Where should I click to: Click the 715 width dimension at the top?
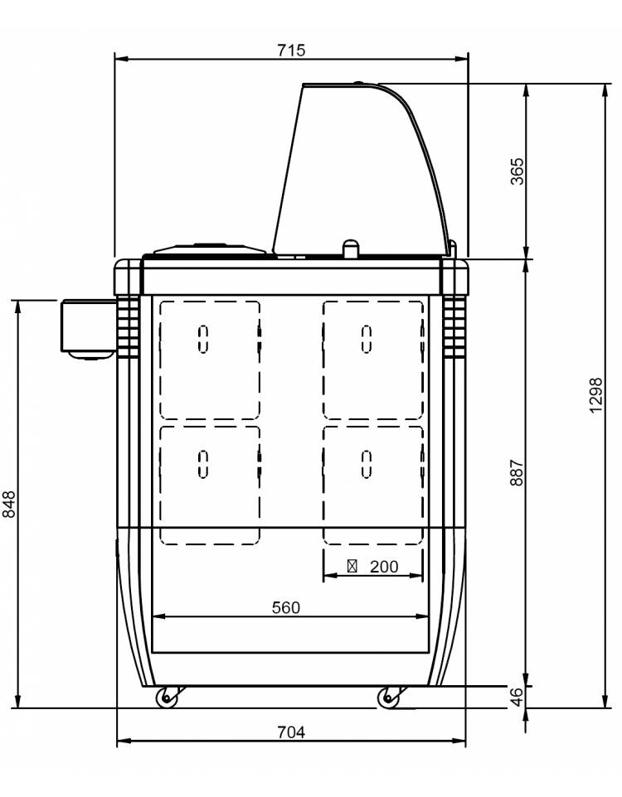pos(291,51)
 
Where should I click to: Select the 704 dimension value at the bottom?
pos(291,732)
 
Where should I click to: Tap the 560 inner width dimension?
pos(286,607)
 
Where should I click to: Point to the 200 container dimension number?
pos(384,566)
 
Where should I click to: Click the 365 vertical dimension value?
pos(517,171)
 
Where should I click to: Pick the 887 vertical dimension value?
pos(517,473)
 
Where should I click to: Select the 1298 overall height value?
pos(595,395)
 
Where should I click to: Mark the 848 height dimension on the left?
pos(9,505)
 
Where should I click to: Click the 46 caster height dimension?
pos(517,697)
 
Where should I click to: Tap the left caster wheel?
pos(167,698)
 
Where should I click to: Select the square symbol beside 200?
pos(352,566)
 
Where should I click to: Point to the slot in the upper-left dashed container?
pos(203,339)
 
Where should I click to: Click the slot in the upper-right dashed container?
pos(367,339)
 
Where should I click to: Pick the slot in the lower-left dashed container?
pos(203,464)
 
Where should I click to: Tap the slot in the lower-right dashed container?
pos(367,464)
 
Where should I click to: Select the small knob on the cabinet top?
pos(350,249)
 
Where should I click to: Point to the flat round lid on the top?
pos(210,249)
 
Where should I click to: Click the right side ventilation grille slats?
pos(454,327)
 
